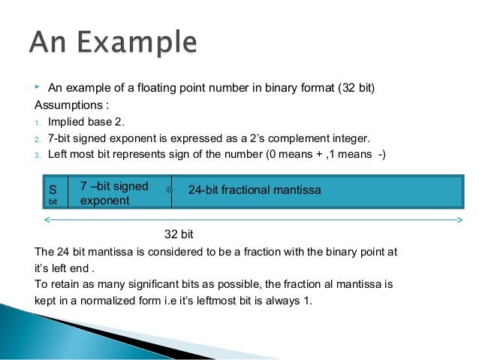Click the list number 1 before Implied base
pos(38,123)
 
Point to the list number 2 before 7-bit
pos(38,139)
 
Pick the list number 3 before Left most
pos(38,155)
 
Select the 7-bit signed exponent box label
pos(114,193)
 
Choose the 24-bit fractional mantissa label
pos(255,191)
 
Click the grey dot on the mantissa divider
pos(170,190)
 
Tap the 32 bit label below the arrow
pos(179,234)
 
